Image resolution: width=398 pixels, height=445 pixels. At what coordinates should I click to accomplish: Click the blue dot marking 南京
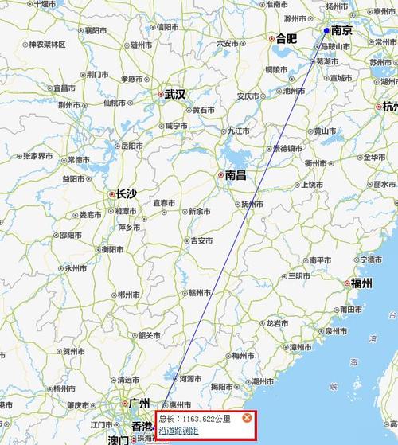click(x=326, y=31)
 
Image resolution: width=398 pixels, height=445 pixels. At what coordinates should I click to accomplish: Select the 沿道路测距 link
click(x=178, y=431)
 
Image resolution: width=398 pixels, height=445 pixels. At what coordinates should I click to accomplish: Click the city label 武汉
click(x=174, y=94)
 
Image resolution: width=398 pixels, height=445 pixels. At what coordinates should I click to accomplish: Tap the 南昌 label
click(x=235, y=174)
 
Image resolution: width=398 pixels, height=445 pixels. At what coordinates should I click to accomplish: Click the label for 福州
click(x=361, y=283)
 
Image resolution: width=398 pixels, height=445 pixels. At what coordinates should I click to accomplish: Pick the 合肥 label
click(x=284, y=37)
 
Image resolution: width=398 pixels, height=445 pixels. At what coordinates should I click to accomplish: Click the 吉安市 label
click(x=200, y=240)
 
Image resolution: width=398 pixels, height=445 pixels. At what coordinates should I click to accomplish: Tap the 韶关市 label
click(x=150, y=335)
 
